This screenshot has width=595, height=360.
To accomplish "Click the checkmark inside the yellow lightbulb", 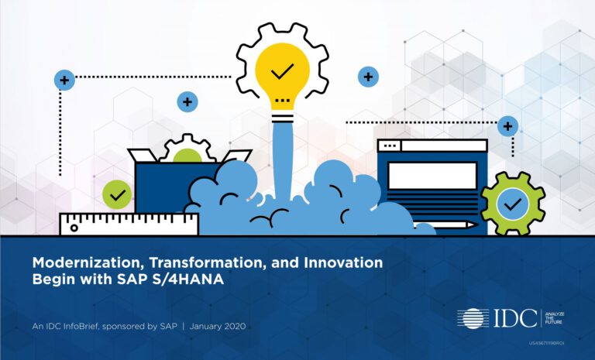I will pyautogui.click(x=282, y=71).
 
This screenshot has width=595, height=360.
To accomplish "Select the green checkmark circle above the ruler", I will pyautogui.click(x=117, y=194).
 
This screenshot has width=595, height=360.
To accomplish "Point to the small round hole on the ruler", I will pyautogui.click(x=74, y=228).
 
